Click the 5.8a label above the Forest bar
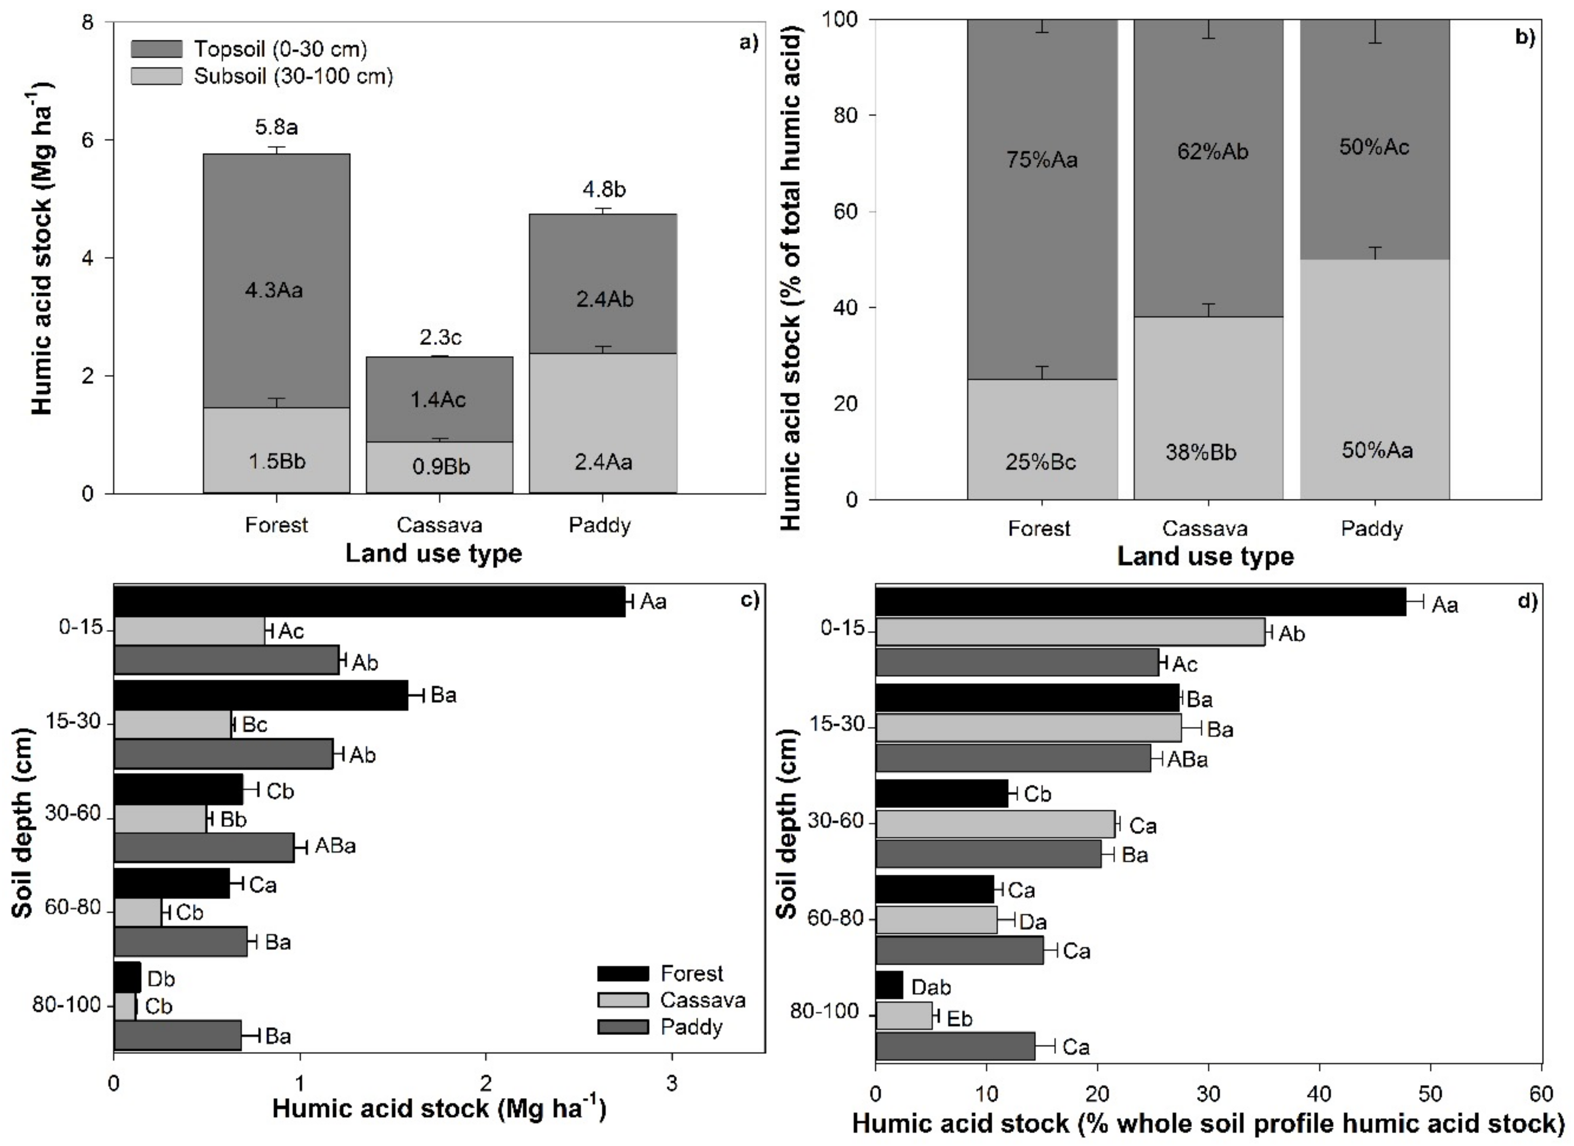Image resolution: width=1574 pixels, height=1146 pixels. [x=276, y=127]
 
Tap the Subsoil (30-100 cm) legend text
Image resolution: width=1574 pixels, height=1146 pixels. [x=293, y=76]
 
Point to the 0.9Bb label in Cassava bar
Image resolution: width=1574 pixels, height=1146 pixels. [x=440, y=466]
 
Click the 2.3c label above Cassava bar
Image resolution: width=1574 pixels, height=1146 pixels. [x=440, y=338]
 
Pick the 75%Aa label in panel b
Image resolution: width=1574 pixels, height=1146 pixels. [x=1042, y=160]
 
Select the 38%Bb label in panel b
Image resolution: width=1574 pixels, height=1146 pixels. [x=1201, y=452]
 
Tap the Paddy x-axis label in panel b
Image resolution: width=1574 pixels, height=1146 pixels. [x=1371, y=529]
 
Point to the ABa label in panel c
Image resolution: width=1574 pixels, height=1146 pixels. [x=335, y=846]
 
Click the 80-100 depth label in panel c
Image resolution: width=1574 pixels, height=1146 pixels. [x=67, y=1005]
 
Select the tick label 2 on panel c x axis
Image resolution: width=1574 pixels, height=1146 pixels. [x=486, y=1083]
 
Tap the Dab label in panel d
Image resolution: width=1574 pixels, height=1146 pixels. [x=931, y=987]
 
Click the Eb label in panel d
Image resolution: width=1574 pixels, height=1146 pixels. [x=959, y=1018]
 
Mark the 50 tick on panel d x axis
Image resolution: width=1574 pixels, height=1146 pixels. [x=1430, y=1094]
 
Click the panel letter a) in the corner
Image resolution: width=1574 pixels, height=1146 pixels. [x=749, y=43]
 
